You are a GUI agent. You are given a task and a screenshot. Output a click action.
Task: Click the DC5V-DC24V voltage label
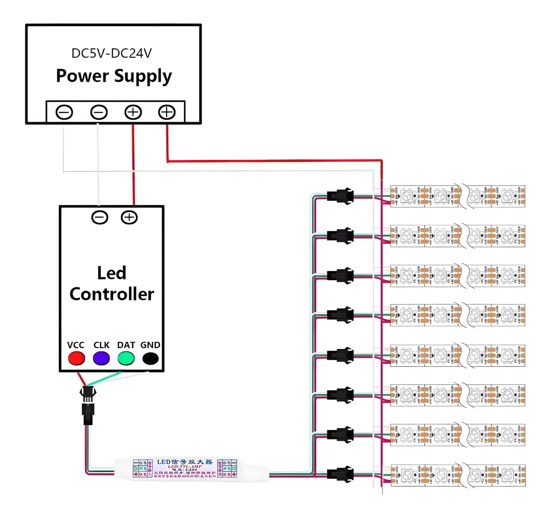(111, 53)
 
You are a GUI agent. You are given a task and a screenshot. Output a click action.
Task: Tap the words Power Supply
(114, 76)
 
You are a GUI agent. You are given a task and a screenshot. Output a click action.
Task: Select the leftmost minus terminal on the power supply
(64, 112)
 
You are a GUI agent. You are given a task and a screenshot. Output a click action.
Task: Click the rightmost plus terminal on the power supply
(167, 112)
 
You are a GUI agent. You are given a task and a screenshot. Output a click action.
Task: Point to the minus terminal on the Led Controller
(100, 217)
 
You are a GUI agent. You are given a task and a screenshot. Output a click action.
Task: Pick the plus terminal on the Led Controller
(129, 217)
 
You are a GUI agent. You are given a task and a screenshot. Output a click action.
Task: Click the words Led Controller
(112, 283)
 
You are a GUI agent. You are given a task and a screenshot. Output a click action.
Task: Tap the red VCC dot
(76, 358)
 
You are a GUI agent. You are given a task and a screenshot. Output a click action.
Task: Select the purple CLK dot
(101, 358)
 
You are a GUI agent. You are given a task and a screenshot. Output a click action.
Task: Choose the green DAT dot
(126, 358)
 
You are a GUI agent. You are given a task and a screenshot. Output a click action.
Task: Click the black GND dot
(150, 358)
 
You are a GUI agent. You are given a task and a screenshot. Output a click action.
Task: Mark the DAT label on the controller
(126, 345)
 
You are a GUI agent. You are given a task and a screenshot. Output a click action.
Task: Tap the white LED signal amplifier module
(191, 468)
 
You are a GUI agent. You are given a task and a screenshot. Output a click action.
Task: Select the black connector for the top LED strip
(340, 196)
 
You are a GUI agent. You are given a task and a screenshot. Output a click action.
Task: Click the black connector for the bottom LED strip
(340, 473)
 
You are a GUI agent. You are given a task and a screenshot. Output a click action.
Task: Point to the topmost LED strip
(457, 197)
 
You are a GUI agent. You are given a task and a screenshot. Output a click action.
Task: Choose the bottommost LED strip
(457, 475)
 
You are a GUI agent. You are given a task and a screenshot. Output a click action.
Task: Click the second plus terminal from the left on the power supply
(133, 112)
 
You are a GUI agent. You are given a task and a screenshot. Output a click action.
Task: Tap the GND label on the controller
(150, 345)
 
